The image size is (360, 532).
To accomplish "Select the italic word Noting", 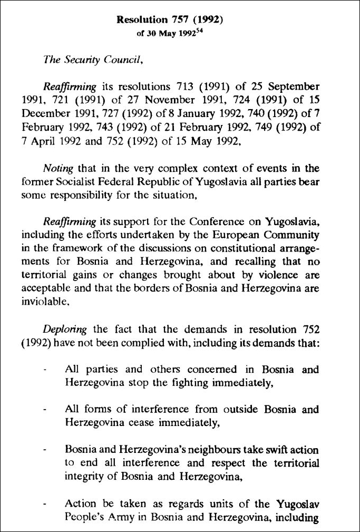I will [x=58, y=168].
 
